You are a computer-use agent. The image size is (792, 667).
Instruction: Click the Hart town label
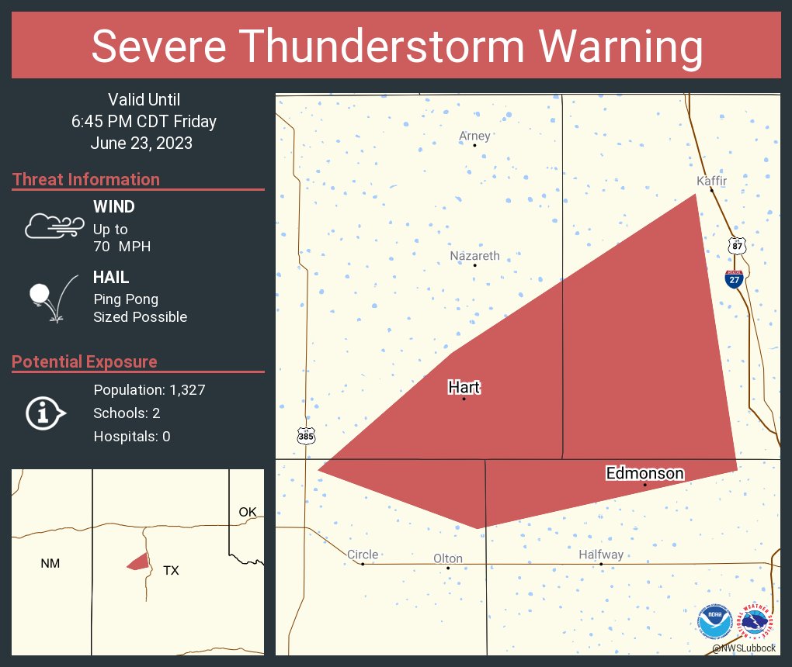[x=464, y=387]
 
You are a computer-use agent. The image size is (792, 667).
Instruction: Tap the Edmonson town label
[x=644, y=473]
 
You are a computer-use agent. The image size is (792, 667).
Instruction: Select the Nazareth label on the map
[x=475, y=256]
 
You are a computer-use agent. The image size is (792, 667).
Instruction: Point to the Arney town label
[x=474, y=136]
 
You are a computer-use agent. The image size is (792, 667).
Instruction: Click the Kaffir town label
[x=711, y=181]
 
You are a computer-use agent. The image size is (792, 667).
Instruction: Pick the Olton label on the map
[x=448, y=558]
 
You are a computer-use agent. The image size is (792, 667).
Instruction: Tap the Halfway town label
[x=601, y=555]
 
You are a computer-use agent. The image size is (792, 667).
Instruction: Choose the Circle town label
[x=363, y=554]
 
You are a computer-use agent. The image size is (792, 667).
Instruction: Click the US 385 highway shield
[x=306, y=436]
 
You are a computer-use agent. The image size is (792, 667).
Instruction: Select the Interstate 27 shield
[x=734, y=279]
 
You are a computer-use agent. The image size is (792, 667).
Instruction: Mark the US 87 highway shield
[x=737, y=246]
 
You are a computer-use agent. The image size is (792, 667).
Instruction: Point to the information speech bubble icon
[x=45, y=413]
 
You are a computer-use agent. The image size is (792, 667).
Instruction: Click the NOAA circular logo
[x=714, y=623]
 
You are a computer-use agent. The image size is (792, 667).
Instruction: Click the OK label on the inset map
[x=247, y=512]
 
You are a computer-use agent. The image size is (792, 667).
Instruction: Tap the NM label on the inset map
[x=50, y=564]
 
